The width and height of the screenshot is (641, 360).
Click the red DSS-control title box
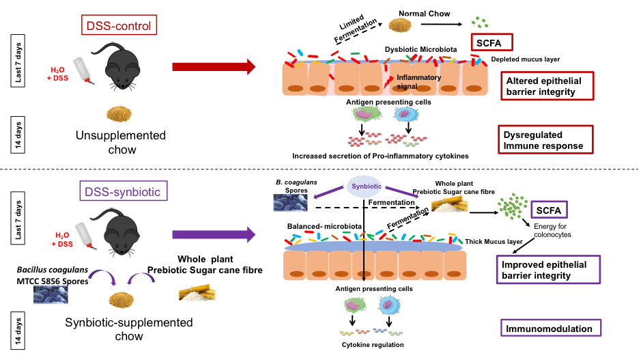pos(119,25)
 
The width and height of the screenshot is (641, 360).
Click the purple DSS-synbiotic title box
pos(124,191)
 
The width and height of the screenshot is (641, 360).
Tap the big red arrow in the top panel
pos(214,67)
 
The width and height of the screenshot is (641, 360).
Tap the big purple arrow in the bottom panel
pos(214,234)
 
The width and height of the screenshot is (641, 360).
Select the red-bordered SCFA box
pos(492,42)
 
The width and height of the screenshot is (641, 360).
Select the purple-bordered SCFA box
pos(549,210)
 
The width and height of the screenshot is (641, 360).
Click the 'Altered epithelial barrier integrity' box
pos(547,86)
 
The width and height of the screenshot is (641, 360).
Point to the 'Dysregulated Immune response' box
pos(545,140)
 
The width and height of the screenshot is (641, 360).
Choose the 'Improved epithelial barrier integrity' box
pos(548,270)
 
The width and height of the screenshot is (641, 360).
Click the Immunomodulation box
pos(551,328)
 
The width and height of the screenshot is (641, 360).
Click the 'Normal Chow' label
pos(425,14)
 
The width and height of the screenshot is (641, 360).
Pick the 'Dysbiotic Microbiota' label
pos(421,49)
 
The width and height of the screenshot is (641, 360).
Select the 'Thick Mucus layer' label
pos(494,242)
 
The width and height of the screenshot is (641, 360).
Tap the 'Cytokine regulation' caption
pos(373,345)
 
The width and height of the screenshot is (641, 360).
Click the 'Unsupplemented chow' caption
pos(121,142)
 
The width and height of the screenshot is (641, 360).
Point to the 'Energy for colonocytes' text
pos(552,230)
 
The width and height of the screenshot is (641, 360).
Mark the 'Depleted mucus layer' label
pos(526,59)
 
